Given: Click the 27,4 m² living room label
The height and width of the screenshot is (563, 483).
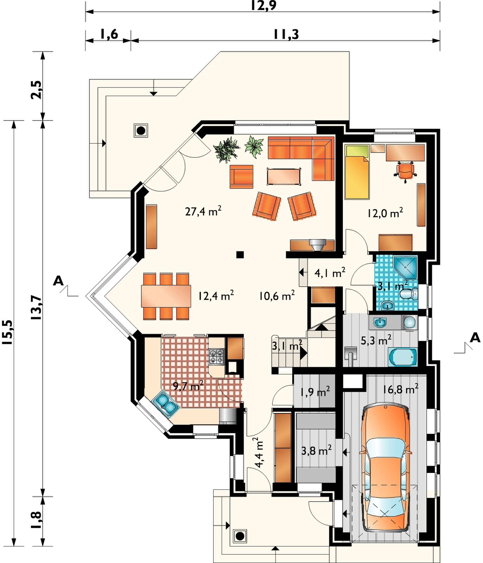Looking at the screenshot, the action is (x=203, y=211).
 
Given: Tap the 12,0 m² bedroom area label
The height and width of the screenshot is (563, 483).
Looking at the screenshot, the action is (x=385, y=213).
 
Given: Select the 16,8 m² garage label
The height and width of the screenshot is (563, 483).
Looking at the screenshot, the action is (x=400, y=389).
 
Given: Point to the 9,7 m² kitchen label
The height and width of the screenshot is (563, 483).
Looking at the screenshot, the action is (x=188, y=386).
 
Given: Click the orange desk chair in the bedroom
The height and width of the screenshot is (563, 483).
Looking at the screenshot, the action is (x=405, y=171).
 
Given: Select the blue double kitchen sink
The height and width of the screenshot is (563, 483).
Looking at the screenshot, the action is (x=165, y=404).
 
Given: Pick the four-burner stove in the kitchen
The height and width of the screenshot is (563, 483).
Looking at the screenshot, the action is (x=216, y=356).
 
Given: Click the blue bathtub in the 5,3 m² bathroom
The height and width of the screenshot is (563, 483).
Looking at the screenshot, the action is (x=403, y=357).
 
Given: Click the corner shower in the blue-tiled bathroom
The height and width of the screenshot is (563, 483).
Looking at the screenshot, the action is (x=405, y=267).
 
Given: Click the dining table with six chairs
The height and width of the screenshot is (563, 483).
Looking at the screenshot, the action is (x=166, y=296).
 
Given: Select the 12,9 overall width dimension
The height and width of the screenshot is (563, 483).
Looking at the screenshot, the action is (x=263, y=6).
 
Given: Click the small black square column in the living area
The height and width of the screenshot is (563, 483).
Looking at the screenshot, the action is (x=240, y=255).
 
